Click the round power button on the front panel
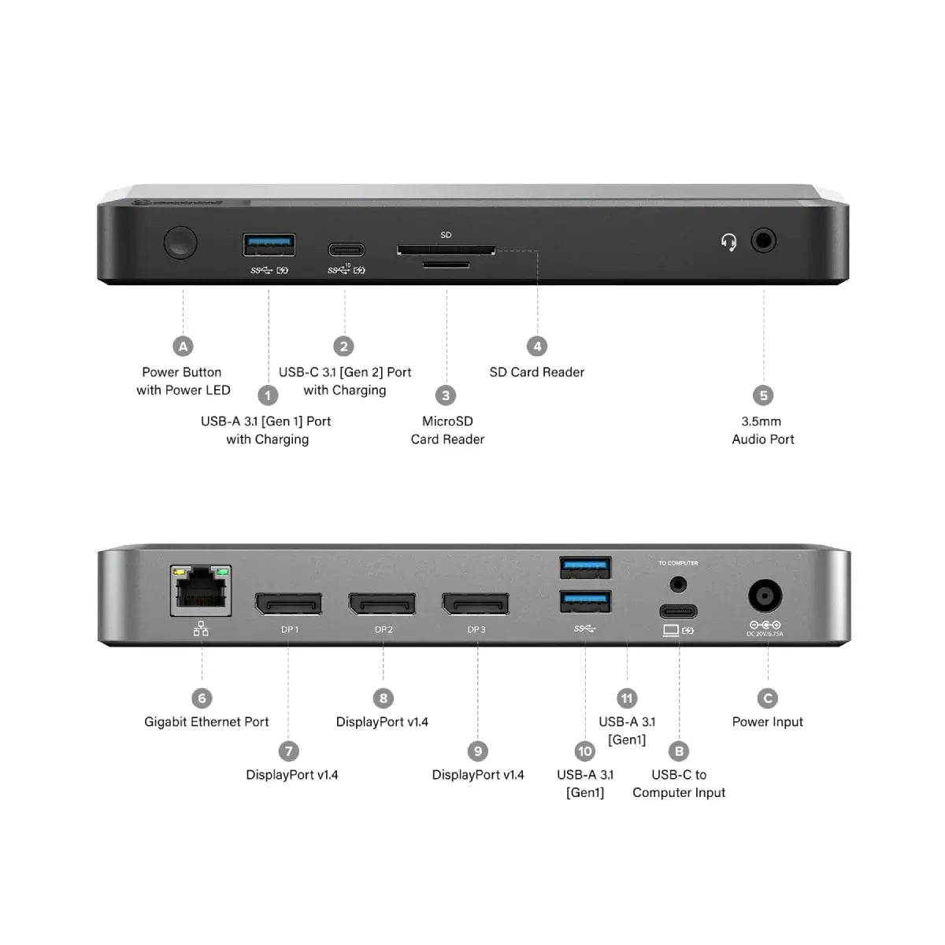click(180, 243)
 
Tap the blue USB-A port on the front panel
click(269, 245)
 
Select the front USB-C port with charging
click(346, 250)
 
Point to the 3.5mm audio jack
click(763, 240)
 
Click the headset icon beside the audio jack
click(729, 242)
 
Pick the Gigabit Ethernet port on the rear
click(202, 591)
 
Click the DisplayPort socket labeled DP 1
click(288, 604)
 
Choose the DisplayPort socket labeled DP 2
click(383, 604)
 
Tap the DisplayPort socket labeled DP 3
click(476, 604)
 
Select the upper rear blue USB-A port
click(585, 566)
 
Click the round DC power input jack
click(764, 597)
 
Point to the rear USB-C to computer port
click(678, 611)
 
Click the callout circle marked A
click(183, 346)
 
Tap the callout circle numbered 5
click(762, 395)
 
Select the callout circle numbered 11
click(627, 699)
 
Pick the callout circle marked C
click(767, 699)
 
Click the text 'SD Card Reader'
click(536, 372)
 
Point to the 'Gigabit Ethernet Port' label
click(206, 722)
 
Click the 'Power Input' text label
click(767, 722)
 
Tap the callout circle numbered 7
click(288, 751)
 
